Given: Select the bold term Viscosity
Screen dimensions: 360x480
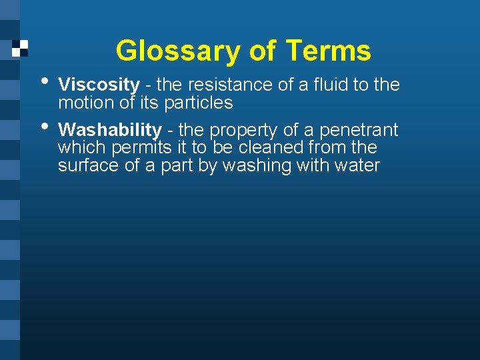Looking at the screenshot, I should click(99, 85).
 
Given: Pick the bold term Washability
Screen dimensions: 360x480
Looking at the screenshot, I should click(109, 130).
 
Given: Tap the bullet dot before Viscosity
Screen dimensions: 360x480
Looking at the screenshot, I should click(44, 81).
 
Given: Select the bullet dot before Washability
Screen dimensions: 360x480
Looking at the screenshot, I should click(44, 126).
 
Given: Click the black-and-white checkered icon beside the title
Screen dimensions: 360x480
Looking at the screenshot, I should click(21, 48).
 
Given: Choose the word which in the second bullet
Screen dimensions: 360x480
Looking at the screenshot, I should click(77, 147).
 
